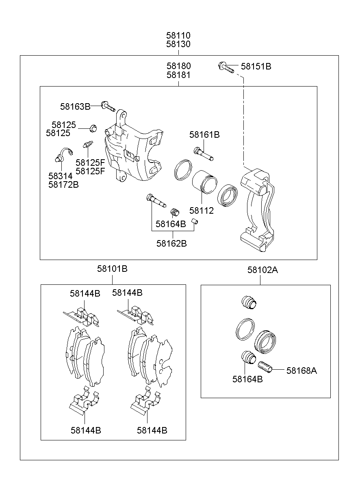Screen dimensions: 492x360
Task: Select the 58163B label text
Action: click(75, 106)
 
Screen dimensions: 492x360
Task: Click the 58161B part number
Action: click(204, 134)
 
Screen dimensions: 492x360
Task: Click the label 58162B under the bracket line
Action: click(171, 243)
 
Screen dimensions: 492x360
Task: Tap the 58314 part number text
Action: click(60, 176)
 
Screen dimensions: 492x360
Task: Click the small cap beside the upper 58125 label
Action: click(93, 129)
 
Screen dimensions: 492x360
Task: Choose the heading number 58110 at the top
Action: click(178, 36)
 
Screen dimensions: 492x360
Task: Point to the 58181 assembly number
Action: click(178, 75)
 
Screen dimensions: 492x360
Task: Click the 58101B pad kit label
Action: click(112, 269)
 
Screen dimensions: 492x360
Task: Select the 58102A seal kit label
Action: click(262, 269)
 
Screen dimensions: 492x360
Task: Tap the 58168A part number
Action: click(301, 370)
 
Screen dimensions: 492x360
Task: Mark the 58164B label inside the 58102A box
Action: click(247, 379)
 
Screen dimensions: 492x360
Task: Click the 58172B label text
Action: click(63, 184)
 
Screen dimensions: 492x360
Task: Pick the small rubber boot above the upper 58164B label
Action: click(174, 212)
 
